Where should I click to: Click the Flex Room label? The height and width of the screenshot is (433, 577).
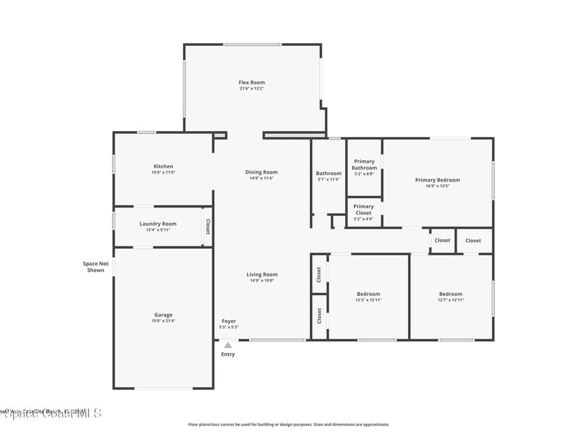point(251,82)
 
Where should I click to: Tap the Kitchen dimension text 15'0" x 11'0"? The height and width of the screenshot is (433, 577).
point(163,173)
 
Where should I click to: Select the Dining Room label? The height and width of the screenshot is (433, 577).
point(261,172)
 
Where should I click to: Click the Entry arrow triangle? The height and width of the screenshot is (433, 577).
point(228,345)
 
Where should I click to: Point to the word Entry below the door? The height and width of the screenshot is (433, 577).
point(228,355)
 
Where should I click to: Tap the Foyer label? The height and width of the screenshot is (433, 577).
point(229,321)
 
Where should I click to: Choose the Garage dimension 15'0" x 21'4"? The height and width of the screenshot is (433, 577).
point(163,321)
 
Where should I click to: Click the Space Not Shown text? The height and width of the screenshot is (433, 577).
point(95,267)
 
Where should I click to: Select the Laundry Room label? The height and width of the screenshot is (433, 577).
point(158,224)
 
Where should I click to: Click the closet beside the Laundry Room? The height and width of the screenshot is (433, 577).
point(207,227)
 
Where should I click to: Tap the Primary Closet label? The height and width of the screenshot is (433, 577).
point(363,210)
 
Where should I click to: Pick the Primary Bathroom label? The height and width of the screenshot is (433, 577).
point(364,165)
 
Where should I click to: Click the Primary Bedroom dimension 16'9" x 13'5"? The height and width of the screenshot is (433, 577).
point(437,186)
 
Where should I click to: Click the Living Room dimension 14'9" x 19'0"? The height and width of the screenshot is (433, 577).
point(262,281)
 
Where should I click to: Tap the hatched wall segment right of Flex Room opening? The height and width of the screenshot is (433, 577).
point(294,135)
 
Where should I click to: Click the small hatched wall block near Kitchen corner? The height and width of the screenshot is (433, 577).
point(220,135)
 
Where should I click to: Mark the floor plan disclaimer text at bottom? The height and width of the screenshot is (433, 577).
point(288,425)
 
